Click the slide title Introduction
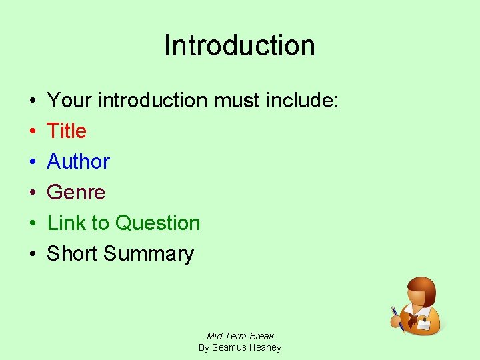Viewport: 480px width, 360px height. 239,45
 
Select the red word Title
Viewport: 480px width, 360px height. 67,131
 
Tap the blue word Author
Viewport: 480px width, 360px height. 78,162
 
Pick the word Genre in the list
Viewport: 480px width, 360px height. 76,193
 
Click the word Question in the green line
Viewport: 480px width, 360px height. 157,223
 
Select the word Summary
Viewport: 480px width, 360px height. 149,254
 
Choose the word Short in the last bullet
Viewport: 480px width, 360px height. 72,254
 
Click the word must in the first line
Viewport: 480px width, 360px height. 237,101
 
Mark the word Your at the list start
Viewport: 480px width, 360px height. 70,101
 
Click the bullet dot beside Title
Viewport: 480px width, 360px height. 33,131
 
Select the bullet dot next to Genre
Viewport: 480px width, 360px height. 33,193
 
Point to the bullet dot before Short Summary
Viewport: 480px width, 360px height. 33,254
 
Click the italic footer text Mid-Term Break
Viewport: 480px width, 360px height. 240,336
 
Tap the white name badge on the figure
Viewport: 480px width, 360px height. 424,325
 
